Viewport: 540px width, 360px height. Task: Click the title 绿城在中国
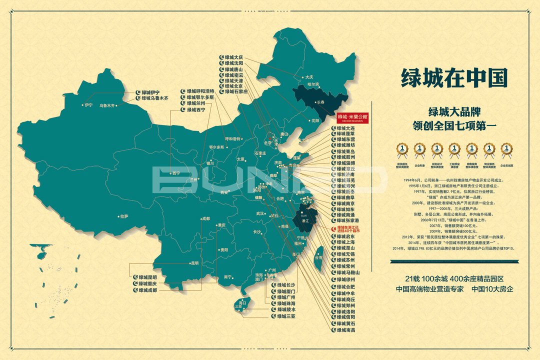point(454,78)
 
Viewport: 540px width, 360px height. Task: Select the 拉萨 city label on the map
point(124,216)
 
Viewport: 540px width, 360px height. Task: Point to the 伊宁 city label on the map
point(89,105)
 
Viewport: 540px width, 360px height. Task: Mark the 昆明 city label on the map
point(194,263)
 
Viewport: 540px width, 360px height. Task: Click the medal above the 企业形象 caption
point(419,149)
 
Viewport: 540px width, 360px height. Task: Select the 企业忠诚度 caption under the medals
point(507,163)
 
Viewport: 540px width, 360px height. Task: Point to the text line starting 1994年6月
point(452,178)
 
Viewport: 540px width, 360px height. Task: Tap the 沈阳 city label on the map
point(314,120)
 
